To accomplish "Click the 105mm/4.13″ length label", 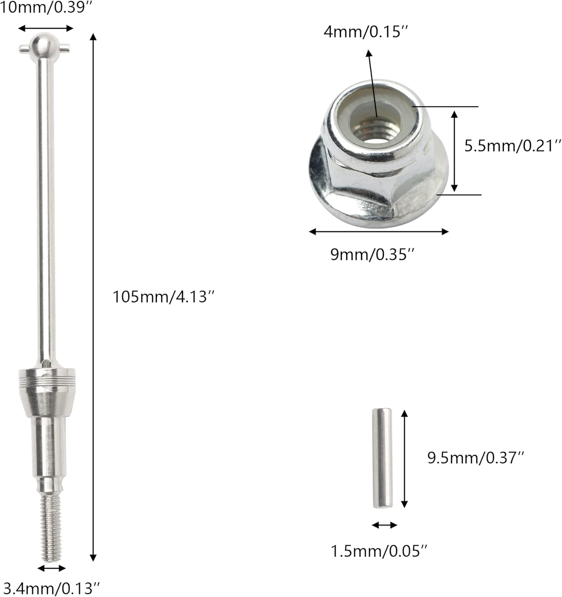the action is click(x=163, y=297).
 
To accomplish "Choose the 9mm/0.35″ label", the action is click(x=373, y=254).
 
